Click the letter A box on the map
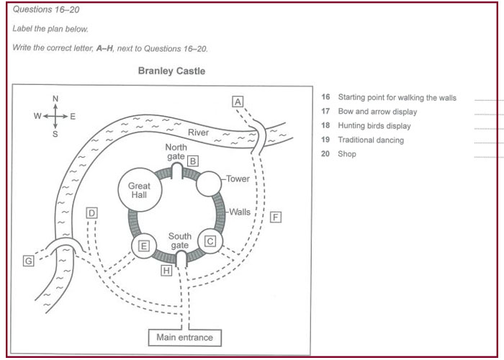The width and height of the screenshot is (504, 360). coord(238,102)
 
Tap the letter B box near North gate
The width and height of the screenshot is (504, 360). coord(192,161)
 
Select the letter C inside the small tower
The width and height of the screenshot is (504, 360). coord(210,241)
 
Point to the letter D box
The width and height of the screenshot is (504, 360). coord(91,213)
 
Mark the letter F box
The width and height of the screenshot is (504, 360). coord(276,217)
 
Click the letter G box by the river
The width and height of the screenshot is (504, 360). coord(28,261)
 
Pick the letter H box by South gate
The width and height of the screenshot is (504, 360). coord(166,271)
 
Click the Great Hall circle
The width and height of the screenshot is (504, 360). coord(139,191)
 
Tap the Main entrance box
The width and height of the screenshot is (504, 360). coord(185,337)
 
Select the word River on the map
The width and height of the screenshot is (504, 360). coord(198,132)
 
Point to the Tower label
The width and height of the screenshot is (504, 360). coord(237,179)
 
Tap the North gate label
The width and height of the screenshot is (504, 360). coord(176,151)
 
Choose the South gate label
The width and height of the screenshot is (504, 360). coord(179,241)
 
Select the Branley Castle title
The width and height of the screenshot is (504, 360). coord(171,71)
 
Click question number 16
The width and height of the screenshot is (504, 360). coord(325,98)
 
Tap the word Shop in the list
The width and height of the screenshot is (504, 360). coord(347,154)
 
